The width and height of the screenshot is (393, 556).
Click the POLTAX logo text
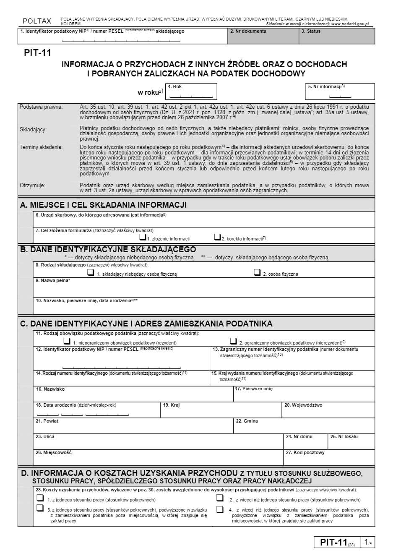(x=37, y=21)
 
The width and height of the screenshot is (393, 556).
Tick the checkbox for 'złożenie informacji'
(x=143, y=237)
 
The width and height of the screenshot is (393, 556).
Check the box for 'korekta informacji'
(x=217, y=237)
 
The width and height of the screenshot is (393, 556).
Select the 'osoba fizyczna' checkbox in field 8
(x=257, y=272)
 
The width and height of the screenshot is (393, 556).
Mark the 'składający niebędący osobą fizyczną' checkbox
(x=91, y=272)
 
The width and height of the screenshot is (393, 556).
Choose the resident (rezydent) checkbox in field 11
(x=67, y=341)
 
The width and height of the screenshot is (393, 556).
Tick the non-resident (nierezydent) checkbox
(x=233, y=341)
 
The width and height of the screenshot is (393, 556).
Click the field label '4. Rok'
(x=174, y=86)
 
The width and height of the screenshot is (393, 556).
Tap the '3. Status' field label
(x=311, y=31)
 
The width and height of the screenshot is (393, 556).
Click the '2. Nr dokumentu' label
(x=248, y=31)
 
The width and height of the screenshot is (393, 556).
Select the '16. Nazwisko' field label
(x=50, y=389)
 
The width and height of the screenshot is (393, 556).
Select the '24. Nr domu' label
(x=299, y=436)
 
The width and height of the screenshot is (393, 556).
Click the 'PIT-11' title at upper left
(x=37, y=52)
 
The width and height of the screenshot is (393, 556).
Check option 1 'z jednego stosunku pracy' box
(x=40, y=498)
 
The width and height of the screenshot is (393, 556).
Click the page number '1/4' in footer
(x=368, y=542)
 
